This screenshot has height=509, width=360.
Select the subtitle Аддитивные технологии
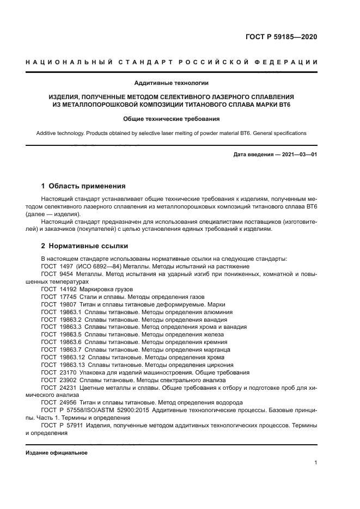click(x=172, y=83)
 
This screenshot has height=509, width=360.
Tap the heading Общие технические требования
click(x=172, y=119)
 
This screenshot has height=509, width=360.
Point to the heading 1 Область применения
click(x=83, y=186)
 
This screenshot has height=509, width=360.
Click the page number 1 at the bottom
click(x=316, y=463)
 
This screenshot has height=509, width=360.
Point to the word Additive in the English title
click(x=47, y=133)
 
